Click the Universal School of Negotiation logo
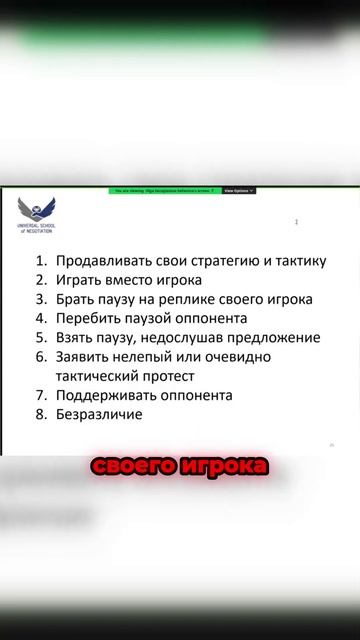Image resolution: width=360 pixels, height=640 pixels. tap(36, 212)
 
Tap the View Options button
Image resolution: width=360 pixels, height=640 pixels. tap(238, 190)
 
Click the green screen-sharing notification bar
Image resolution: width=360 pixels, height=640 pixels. tap(164, 190)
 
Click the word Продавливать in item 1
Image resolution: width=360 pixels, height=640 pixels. tap(104, 261)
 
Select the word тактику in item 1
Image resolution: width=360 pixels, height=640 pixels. tap(295, 261)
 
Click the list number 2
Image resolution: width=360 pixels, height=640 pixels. tap(41, 280)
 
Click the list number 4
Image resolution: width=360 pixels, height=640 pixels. tap(41, 318)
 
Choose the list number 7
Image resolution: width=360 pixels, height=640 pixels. tap(41, 395)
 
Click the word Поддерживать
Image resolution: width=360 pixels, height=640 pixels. tap(105, 395)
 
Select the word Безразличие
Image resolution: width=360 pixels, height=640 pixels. tap(99, 414)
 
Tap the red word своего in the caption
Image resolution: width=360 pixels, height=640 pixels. tap(129, 467)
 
